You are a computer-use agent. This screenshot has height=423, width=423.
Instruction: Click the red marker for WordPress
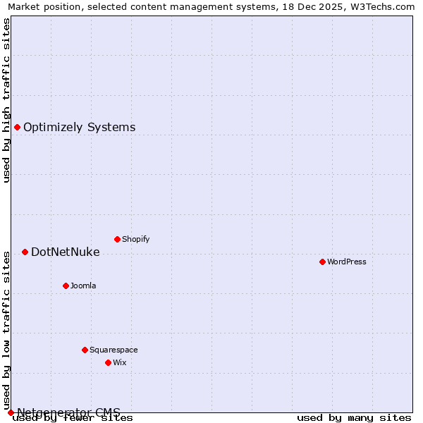pos(322,262)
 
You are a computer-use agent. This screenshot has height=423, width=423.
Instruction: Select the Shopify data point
pos(117,239)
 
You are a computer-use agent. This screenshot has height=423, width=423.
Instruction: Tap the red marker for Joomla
pos(66,286)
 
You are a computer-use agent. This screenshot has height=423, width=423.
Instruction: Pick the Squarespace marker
pos(85,350)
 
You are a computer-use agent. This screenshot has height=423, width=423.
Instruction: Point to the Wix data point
pos(108,362)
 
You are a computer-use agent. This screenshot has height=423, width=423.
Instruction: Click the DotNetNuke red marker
pos(25,252)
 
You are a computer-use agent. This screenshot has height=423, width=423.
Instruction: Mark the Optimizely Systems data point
pos(17,127)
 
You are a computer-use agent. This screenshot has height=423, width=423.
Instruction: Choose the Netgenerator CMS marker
pos(11,412)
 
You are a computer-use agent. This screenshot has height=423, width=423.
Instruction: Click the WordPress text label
pos(347,262)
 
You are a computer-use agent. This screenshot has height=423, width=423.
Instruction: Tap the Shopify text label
pos(136,239)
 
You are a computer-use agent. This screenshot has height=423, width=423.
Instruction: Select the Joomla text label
pos(83,286)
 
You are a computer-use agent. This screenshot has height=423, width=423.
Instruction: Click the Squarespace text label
pos(114,350)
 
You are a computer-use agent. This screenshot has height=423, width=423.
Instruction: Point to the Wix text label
pos(120,362)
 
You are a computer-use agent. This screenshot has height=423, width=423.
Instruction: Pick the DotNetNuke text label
pos(66,252)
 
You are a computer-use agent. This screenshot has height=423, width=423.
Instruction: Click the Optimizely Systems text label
pos(80,127)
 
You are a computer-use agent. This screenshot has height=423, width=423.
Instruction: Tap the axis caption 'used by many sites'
pos(354,417)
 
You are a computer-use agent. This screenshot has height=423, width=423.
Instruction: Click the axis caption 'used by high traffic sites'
pos(6,100)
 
